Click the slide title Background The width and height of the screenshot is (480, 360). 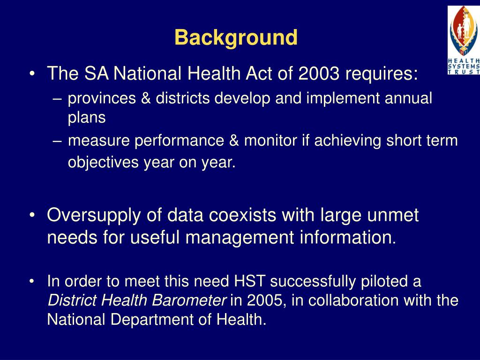pos(236,38)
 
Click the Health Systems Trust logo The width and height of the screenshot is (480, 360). pos(464,40)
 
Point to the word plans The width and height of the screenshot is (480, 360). pos(87,118)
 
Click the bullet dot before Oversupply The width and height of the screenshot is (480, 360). pos(32,216)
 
